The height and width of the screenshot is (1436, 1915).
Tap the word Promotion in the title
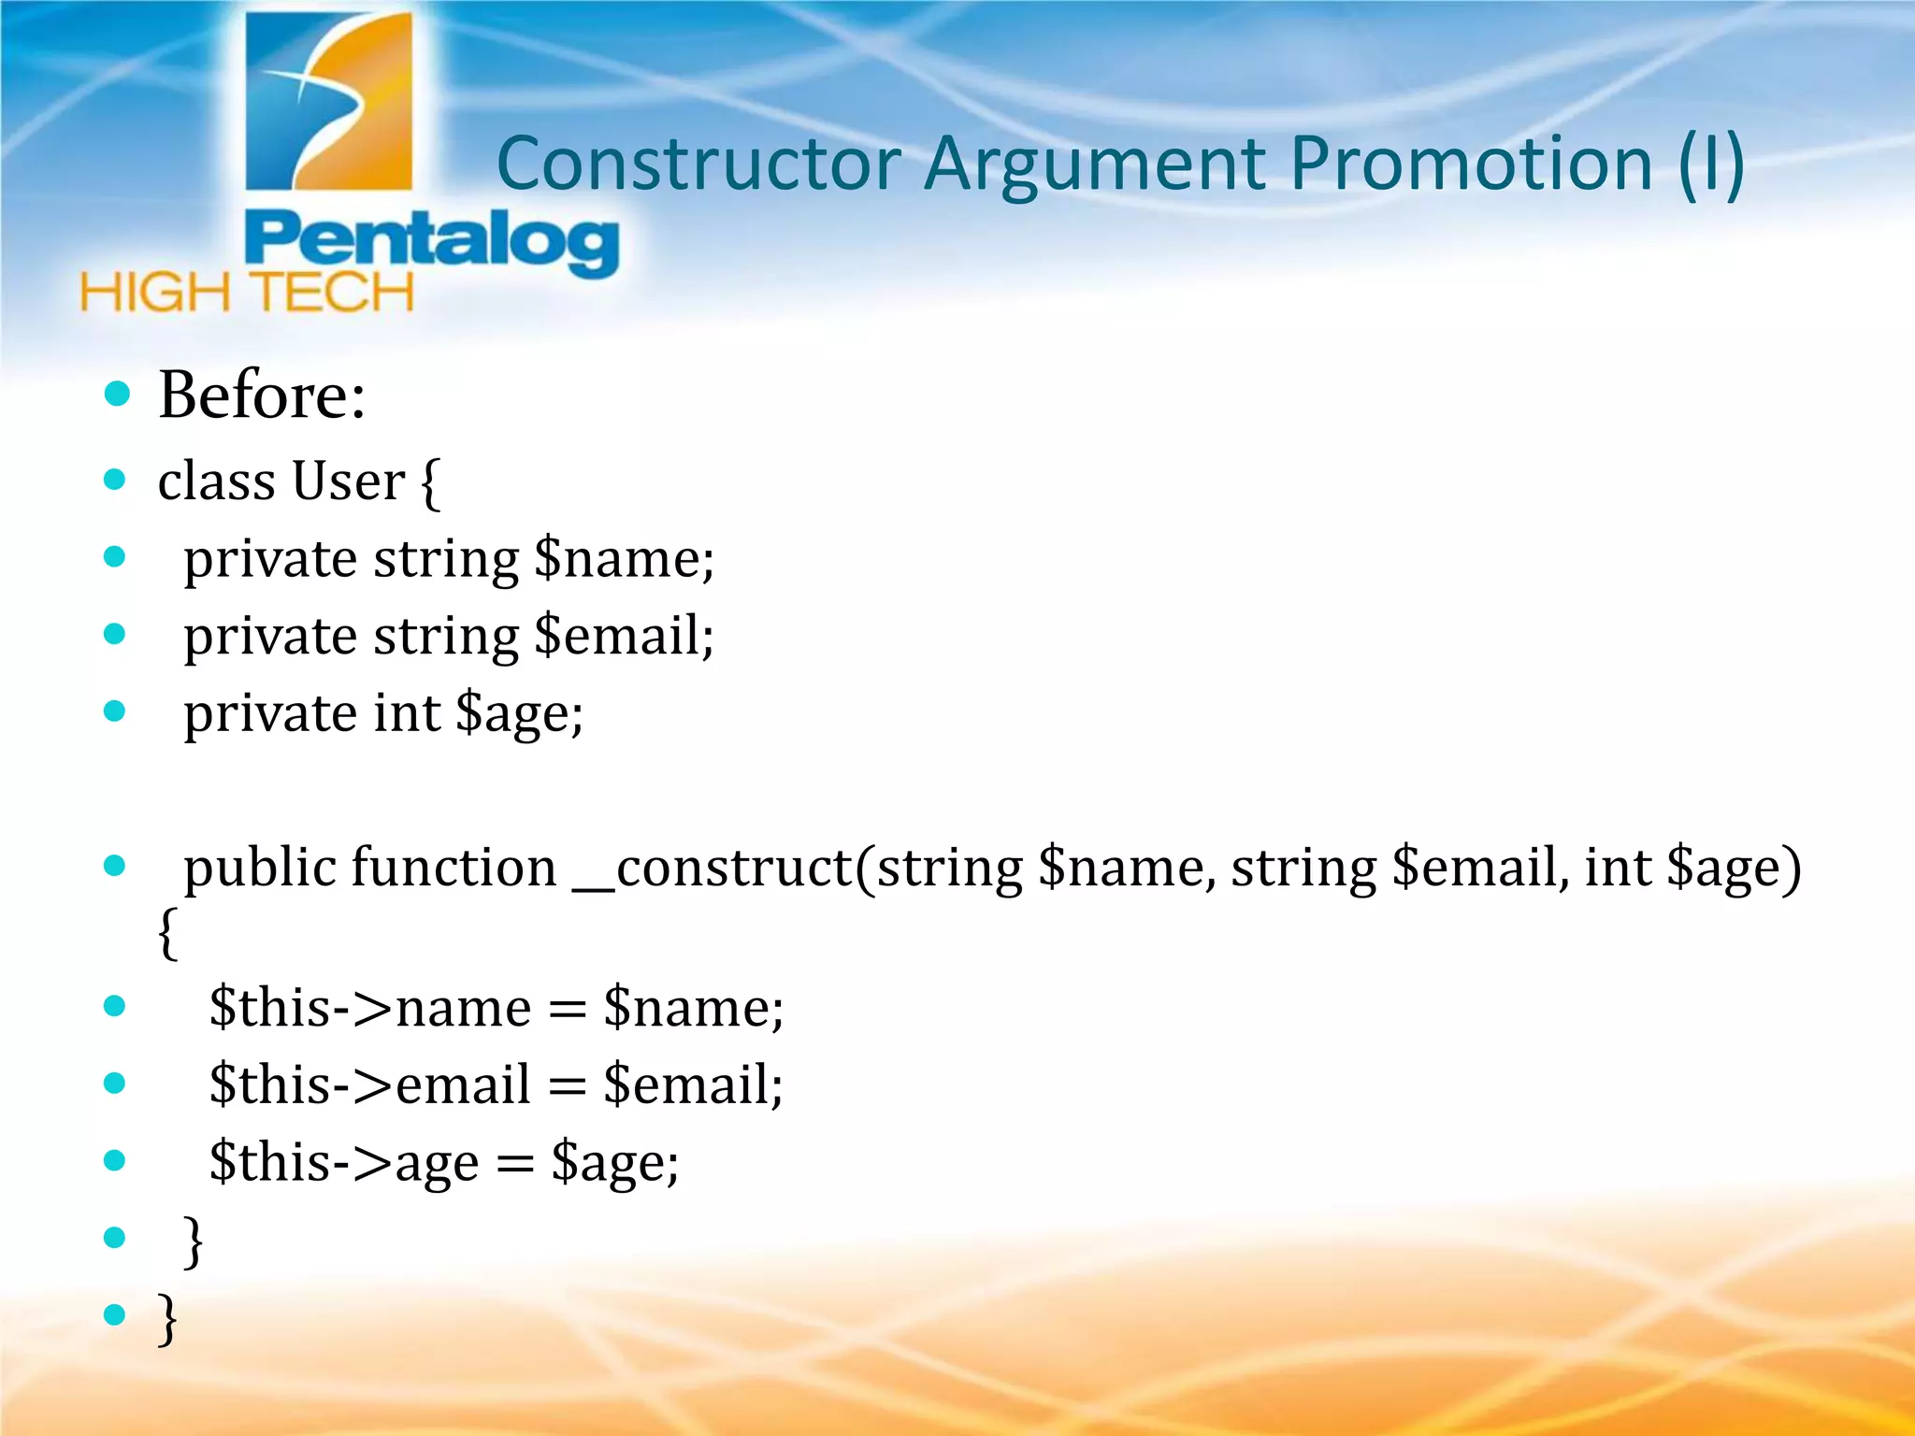coord(1472,165)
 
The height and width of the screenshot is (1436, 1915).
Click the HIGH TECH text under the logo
coord(247,293)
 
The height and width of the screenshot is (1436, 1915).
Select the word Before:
coord(262,395)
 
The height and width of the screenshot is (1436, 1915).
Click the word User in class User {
coord(348,481)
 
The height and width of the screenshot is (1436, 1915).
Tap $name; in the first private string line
coord(624,559)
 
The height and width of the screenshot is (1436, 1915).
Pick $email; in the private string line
coord(624,637)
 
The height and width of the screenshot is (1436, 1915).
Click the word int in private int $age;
coord(407,713)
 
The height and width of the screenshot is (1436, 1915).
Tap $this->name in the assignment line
coord(370,1008)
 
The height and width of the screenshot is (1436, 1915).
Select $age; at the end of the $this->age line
coord(614,1163)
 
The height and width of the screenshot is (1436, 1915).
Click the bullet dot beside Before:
coord(117,394)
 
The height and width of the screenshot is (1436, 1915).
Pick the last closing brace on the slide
coord(167,1317)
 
